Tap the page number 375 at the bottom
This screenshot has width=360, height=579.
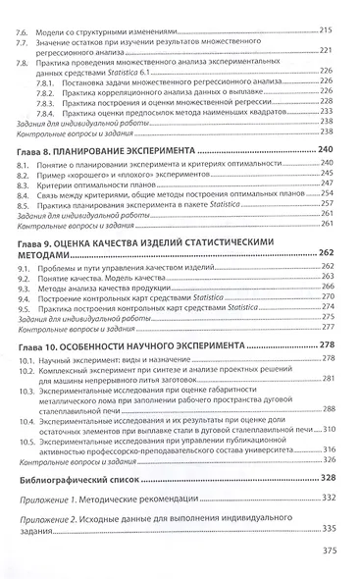point(329,551)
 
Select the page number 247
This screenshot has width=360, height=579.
point(328,184)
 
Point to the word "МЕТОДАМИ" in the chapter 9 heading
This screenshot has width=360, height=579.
point(48,251)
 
